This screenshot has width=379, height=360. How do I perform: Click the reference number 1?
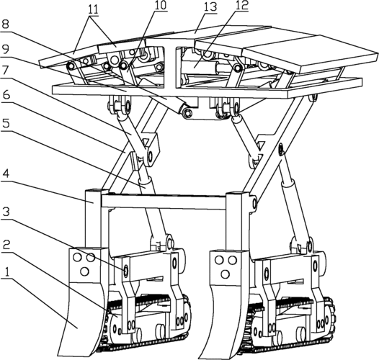[x=7, y=273]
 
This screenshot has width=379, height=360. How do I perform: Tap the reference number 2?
[x=6, y=246]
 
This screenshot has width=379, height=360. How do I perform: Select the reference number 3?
[x=6, y=212]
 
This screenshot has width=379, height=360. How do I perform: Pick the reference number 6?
[x=6, y=95]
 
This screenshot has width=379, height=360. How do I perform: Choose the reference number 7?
[x=6, y=70]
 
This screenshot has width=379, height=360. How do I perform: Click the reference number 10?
[x=160, y=6]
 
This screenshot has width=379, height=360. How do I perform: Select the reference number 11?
[x=94, y=9]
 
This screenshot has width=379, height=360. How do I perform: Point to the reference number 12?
[x=242, y=5]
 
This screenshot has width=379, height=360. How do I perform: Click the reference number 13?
[x=210, y=7]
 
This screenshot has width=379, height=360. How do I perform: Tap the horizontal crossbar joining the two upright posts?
[x=164, y=202]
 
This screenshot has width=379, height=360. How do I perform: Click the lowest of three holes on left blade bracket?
[x=84, y=271]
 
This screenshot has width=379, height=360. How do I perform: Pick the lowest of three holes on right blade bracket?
[x=226, y=274]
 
